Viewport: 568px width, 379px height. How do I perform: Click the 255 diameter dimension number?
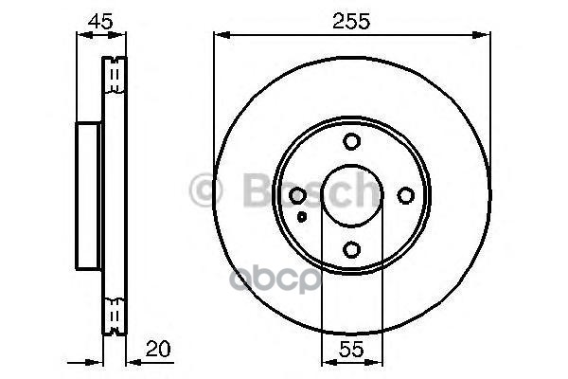point(351,21)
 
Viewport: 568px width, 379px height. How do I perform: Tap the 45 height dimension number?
point(100,22)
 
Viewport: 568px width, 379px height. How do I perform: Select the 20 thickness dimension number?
point(158,350)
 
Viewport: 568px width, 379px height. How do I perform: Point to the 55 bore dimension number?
point(351,350)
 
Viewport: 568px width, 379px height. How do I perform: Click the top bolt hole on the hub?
point(351,141)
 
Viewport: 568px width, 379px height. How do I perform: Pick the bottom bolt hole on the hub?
point(351,249)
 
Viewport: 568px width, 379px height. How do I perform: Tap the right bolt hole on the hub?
point(406,195)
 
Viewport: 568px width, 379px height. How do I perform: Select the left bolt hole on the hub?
point(297,195)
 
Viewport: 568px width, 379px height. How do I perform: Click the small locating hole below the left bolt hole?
point(302,217)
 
